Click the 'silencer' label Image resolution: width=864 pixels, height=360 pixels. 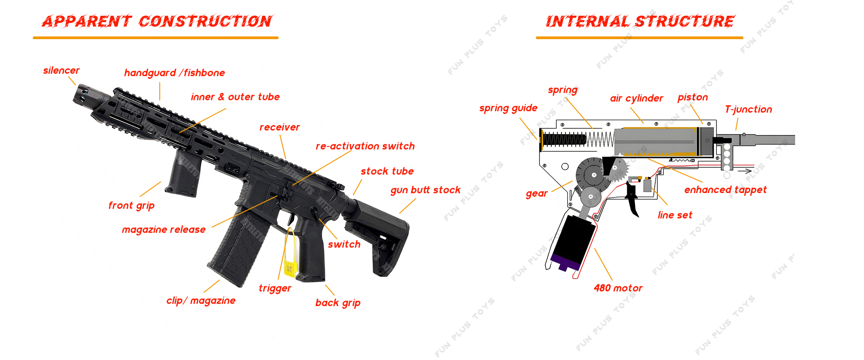(61, 71)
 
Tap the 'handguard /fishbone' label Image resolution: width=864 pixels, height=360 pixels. (174, 73)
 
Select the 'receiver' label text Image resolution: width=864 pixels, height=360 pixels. (279, 127)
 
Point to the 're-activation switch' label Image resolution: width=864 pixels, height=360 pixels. (365, 146)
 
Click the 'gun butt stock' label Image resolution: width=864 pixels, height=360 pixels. (425, 190)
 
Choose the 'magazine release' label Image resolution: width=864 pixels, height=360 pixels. (163, 229)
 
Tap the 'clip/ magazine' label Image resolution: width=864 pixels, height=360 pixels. (201, 301)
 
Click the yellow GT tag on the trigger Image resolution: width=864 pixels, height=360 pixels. (289, 269)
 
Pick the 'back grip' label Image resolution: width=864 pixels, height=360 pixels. (337, 303)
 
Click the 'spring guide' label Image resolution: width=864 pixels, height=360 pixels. (508, 108)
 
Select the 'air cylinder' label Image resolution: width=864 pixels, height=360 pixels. (636, 99)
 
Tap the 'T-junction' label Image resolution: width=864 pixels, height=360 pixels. (748, 109)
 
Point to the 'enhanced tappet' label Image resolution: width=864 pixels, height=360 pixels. (725, 190)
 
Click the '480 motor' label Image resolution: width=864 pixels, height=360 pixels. (618, 288)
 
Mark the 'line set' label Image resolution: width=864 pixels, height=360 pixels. (675, 215)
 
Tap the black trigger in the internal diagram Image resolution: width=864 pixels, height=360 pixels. (633, 200)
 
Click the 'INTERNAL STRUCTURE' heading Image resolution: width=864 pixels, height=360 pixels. (639, 21)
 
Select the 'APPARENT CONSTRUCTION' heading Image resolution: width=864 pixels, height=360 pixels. (157, 21)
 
